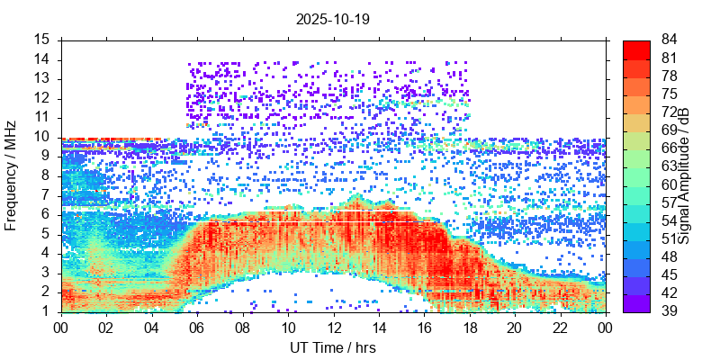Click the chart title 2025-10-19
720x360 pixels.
click(332, 18)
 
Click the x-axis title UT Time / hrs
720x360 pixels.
click(332, 347)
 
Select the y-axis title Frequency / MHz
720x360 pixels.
click(12, 175)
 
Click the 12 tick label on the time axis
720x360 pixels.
click(333, 328)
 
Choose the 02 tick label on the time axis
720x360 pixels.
click(107, 328)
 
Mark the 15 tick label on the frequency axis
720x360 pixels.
click(41, 40)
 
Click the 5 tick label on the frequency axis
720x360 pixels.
click(45, 234)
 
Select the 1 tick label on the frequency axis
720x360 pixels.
click(45, 311)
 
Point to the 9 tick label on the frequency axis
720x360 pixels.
click(45, 157)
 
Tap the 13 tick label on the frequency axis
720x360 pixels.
click(41, 78)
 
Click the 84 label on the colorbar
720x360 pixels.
click(668, 40)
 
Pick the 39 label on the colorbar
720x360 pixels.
click(668, 311)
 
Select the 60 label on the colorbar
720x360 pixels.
click(668, 184)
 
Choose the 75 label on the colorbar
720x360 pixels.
click(668, 94)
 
